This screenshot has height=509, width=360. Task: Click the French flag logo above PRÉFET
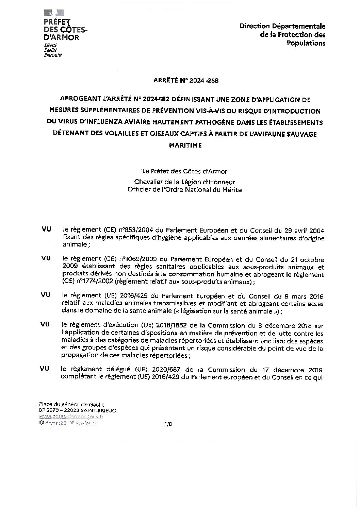pyautogui.click(x=54, y=13)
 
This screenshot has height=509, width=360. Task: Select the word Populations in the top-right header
pyautogui.click(x=306, y=43)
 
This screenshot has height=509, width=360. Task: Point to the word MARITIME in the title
pyautogui.click(x=185, y=145)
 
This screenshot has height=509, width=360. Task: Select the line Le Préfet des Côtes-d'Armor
pyautogui.click(x=184, y=171)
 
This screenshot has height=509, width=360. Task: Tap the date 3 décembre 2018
pyautogui.click(x=289, y=325)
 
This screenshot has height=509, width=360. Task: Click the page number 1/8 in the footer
pyautogui.click(x=168, y=424)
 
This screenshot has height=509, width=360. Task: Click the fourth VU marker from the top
pyautogui.click(x=45, y=324)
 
